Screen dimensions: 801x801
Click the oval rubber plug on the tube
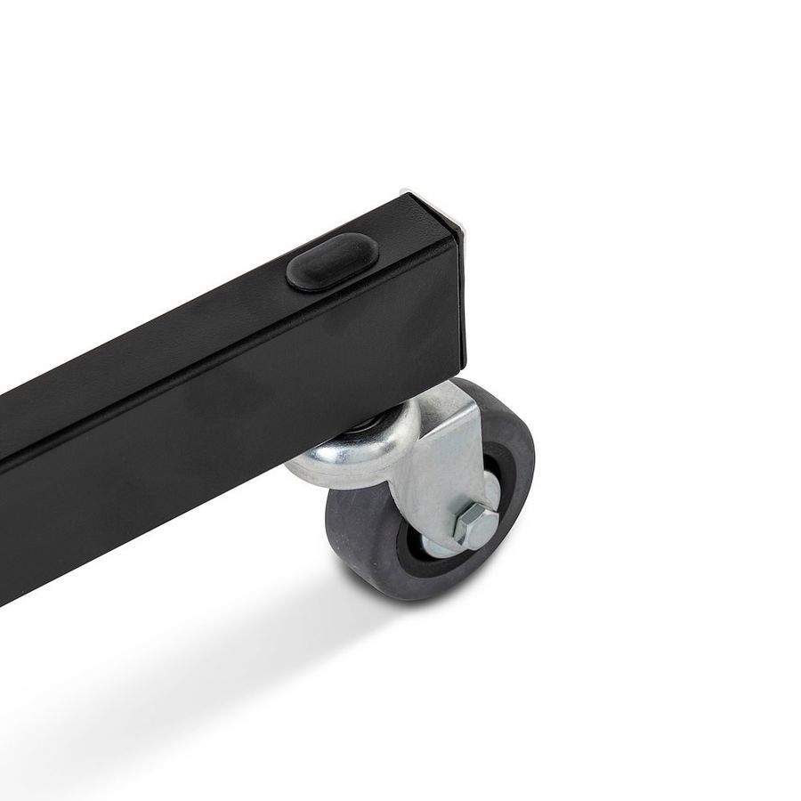pos(331,261)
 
